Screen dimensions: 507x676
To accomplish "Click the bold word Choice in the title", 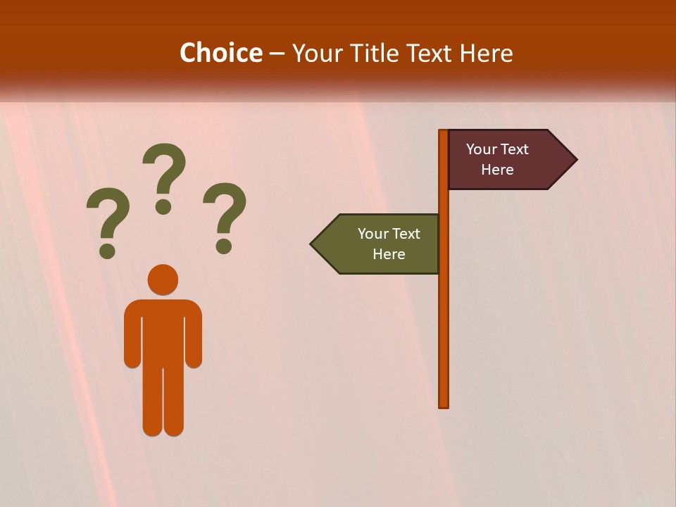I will [x=220, y=53].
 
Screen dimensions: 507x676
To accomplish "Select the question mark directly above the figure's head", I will [x=164, y=177].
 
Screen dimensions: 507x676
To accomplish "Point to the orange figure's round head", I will [x=163, y=279].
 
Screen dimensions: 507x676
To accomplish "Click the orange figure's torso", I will [x=163, y=331].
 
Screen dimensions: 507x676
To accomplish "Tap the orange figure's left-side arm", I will [x=132, y=338].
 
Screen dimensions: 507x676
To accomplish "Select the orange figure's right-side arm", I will [x=194, y=338].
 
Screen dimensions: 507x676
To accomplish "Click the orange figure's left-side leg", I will [x=152, y=401].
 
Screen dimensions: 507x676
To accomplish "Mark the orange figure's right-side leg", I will [x=174, y=401].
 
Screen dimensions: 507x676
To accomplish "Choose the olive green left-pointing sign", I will [x=380, y=244].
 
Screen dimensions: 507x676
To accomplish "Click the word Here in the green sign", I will [x=389, y=254].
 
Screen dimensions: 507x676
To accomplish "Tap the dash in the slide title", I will [x=277, y=54].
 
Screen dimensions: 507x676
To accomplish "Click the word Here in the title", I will [x=486, y=53].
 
